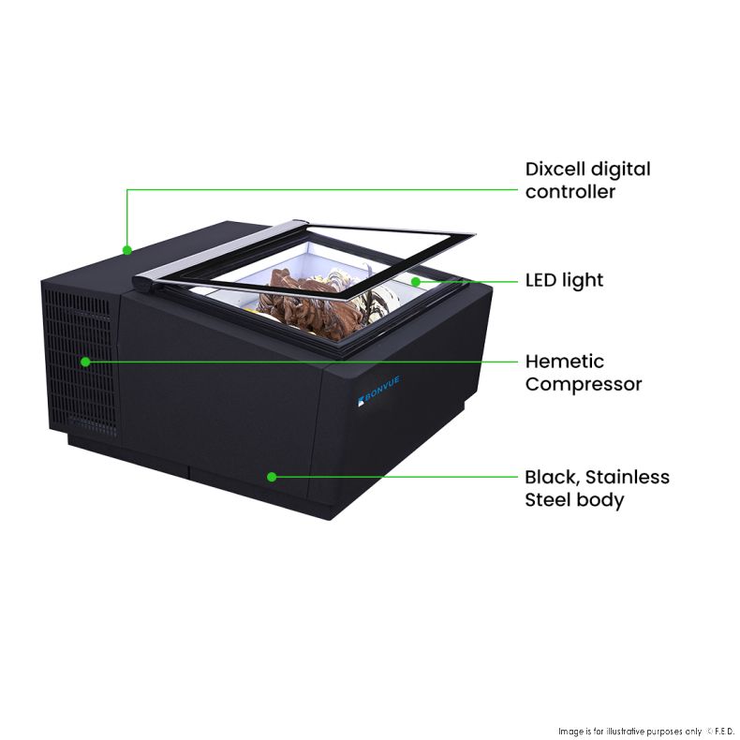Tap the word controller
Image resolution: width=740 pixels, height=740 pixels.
click(570, 192)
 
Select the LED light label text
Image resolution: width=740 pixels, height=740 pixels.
click(564, 280)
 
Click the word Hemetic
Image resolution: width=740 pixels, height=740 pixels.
click(565, 362)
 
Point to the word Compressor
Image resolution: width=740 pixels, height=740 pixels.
click(584, 385)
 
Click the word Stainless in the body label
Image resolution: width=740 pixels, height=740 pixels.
click(628, 477)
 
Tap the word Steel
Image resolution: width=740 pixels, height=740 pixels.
click(549, 500)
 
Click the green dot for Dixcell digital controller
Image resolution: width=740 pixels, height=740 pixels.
click(127, 250)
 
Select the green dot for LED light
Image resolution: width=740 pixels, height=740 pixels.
click(416, 282)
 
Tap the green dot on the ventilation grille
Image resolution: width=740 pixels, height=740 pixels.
click(85, 362)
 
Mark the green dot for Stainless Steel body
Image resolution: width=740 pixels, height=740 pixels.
click(272, 477)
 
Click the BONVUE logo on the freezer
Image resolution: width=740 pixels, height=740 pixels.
click(379, 390)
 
